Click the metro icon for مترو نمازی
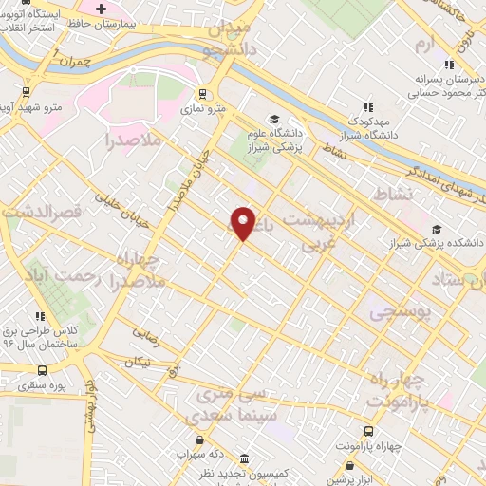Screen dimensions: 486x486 pyautogui.click(x=201, y=94)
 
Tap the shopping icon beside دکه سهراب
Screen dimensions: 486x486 pyautogui.click(x=199, y=440)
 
